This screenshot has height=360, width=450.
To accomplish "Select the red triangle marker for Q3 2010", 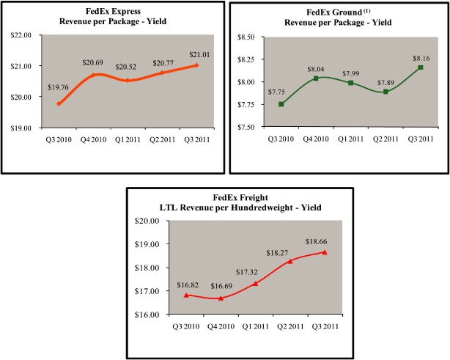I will (186, 295).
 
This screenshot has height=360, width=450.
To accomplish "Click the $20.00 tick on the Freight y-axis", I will (150, 221).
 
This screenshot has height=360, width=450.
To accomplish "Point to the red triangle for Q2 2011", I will (289, 261).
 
